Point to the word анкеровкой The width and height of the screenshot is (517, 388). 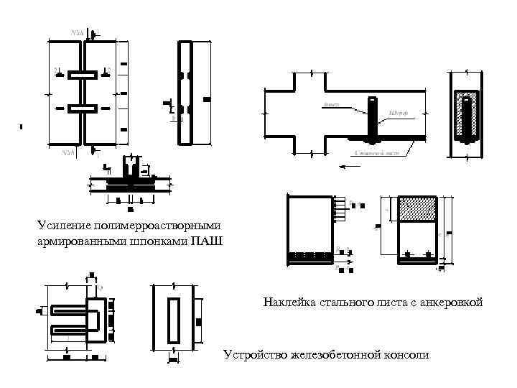450,302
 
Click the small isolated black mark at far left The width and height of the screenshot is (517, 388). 22,127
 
